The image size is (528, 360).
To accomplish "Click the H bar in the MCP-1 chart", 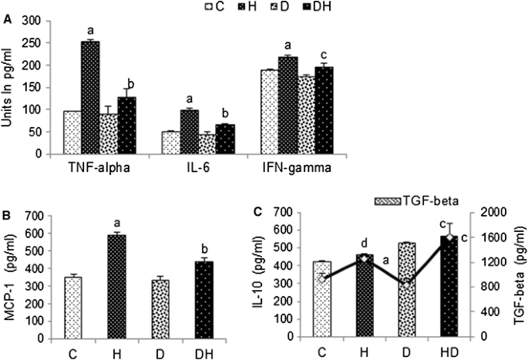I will [117, 284].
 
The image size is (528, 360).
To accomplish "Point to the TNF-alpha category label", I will [89, 166].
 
